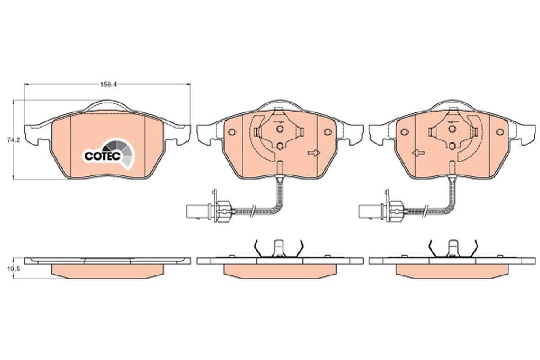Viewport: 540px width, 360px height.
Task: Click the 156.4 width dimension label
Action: (x=106, y=84)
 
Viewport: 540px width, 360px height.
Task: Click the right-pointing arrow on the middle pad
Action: (x=314, y=153)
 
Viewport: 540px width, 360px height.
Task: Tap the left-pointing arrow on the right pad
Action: (x=418, y=153)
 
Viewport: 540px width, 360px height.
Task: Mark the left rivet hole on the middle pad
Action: (x=232, y=132)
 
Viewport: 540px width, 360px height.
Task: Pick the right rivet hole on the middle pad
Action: (x=328, y=132)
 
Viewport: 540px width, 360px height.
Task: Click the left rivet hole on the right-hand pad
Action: (x=404, y=132)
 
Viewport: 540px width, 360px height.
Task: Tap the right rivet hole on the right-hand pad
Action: (x=500, y=132)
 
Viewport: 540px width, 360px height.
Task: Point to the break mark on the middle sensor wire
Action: (x=254, y=210)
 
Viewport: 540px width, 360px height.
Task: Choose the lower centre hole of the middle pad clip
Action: (x=280, y=145)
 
